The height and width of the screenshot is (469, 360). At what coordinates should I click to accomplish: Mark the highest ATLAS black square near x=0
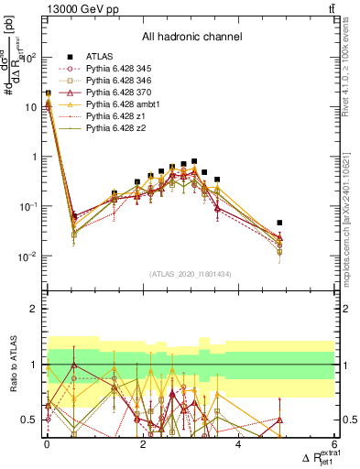[48, 93]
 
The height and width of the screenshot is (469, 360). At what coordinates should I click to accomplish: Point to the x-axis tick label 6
[334, 444]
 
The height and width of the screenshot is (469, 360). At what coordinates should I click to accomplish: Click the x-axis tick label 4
[238, 444]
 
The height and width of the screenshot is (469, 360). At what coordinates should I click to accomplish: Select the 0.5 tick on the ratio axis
[33, 420]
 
